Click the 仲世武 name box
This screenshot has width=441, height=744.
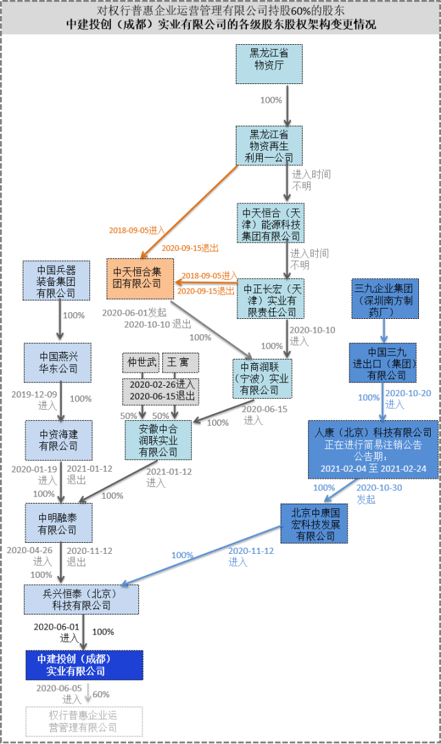pyautogui.click(x=140, y=362)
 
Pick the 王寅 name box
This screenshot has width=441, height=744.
pyautogui.click(x=180, y=362)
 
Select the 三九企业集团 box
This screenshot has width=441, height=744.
pyautogui.click(x=383, y=298)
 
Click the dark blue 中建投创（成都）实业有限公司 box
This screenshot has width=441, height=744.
pyautogui.click(x=85, y=664)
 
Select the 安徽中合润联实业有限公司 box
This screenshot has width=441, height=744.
pyautogui.click(x=158, y=440)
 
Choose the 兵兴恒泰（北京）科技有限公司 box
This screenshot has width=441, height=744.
pyautogui.click(x=81, y=599)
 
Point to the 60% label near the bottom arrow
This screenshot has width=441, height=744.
pyautogui.click(x=101, y=694)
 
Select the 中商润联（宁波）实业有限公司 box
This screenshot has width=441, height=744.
pyautogui.click(x=261, y=378)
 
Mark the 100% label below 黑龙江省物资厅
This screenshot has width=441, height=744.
pyautogui.click(x=271, y=100)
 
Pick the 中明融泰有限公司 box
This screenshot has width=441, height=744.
pyautogui.click(x=58, y=523)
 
